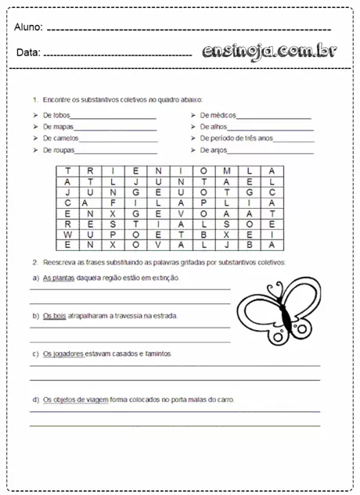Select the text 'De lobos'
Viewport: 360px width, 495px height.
click(x=56, y=115)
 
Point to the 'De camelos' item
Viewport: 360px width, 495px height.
click(x=60, y=138)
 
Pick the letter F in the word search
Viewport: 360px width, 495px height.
click(x=113, y=201)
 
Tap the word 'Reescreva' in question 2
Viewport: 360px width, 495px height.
click(x=59, y=262)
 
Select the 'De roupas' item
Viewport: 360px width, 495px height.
click(x=58, y=149)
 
